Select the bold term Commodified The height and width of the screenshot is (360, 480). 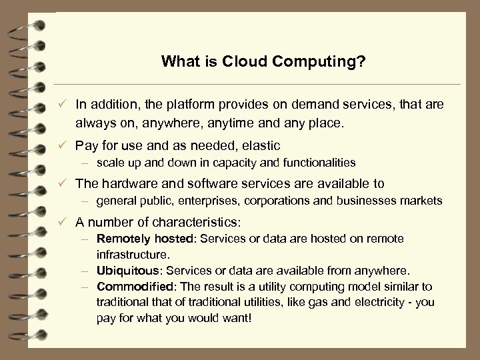click(127, 287)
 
